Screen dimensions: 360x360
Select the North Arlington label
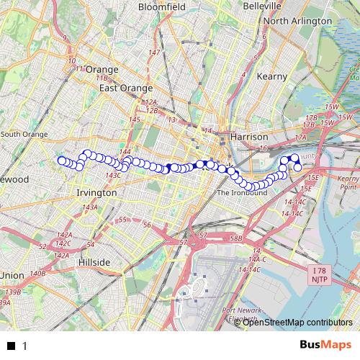(297, 21)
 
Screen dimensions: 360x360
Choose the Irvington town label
(96, 193)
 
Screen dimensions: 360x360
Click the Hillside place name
(94, 263)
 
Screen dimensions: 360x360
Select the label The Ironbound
(242, 193)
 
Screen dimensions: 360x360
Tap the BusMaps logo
(327, 346)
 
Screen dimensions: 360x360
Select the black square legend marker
(11, 346)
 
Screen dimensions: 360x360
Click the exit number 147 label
(154, 53)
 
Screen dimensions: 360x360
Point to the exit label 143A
(90, 207)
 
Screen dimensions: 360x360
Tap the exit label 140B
(37, 274)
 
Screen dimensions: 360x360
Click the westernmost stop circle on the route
(62, 161)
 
